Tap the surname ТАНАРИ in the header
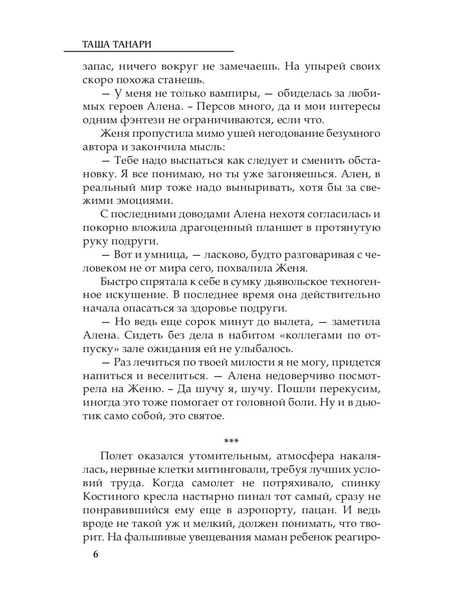click(131, 44)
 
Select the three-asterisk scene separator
click(232, 441)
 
